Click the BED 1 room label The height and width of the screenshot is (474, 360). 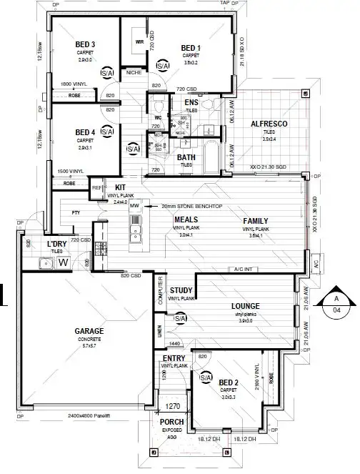[191, 47]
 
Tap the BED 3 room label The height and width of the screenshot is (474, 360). [85, 44]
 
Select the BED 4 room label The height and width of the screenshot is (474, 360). [85, 132]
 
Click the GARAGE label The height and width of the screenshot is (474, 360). [89, 331]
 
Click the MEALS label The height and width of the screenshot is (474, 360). [186, 220]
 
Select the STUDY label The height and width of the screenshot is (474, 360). [181, 290]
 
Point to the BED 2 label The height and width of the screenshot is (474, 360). [229, 382]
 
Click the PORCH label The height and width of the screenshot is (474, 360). [171, 423]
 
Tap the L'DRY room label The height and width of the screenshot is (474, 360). [56, 245]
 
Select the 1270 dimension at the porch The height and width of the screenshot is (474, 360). [173, 407]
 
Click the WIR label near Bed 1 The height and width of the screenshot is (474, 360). [139, 41]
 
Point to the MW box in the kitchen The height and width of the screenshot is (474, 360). [134, 206]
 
